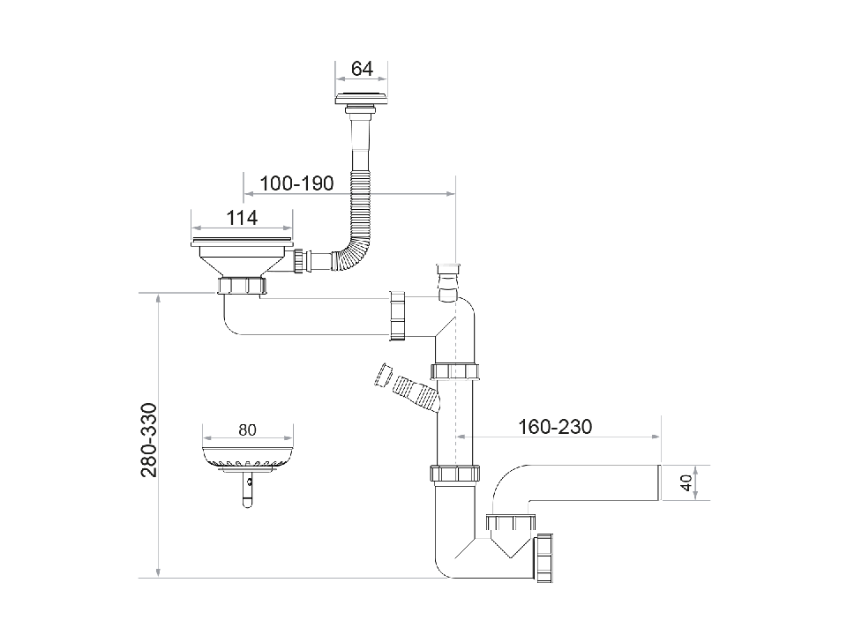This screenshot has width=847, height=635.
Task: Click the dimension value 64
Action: (x=362, y=69)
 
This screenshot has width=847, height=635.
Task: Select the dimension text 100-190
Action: (x=296, y=183)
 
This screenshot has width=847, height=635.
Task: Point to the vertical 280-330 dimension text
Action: (x=149, y=440)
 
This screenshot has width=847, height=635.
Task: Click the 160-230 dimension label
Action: (x=555, y=427)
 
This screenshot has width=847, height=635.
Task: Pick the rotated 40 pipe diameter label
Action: (x=685, y=482)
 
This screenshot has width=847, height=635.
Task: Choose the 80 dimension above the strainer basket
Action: (x=247, y=430)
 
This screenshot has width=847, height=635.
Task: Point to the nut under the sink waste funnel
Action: (x=241, y=287)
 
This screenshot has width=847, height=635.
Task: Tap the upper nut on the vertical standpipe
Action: (x=455, y=370)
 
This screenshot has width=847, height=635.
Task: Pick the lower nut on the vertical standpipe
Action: (x=455, y=474)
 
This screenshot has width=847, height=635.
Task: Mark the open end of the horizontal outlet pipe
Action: (x=658, y=482)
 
